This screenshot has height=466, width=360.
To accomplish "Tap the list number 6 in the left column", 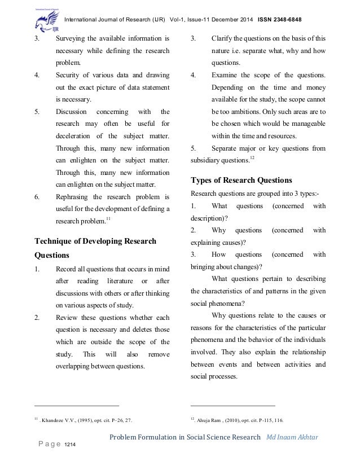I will (37, 197).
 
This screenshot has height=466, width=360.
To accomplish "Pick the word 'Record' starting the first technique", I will (67, 268).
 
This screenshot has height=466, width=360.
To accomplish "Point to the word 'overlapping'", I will (76, 366).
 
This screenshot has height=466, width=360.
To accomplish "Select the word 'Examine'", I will (226, 75).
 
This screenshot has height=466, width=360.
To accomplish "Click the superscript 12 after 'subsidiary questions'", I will (252, 159).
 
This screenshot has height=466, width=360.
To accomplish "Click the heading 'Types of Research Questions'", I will (241, 181).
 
